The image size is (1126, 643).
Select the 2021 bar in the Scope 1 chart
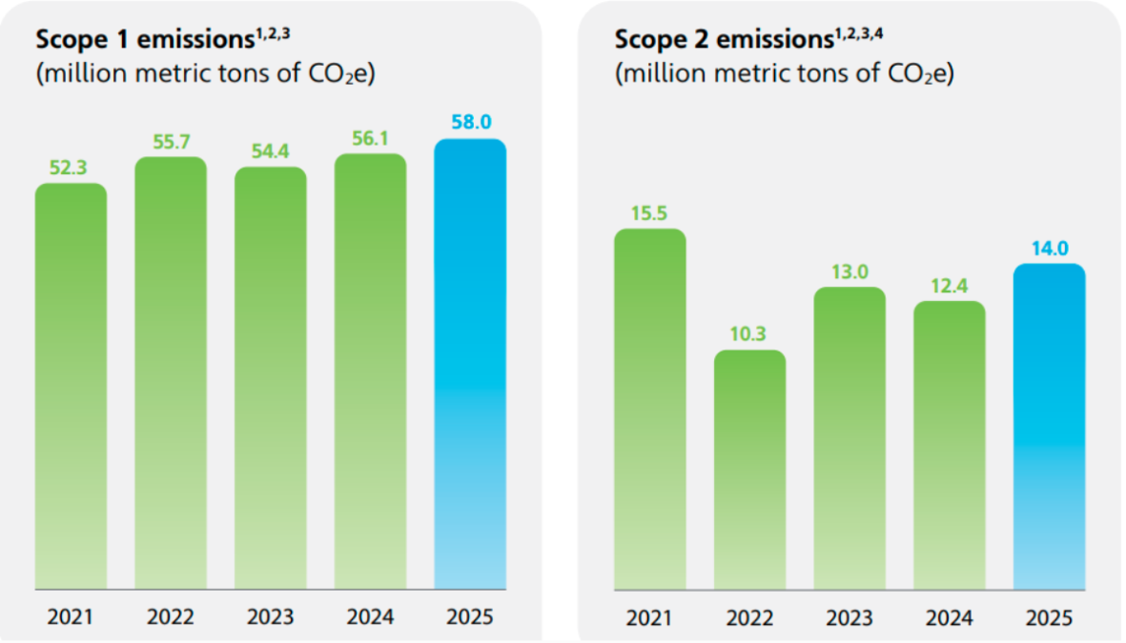tap(71, 386)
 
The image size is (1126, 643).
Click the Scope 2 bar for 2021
tap(649, 409)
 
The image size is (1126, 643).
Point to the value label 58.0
tap(469, 123)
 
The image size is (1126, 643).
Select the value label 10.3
tap(749, 334)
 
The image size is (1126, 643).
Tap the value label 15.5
tap(649, 212)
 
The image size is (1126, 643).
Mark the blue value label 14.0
tap(1049, 248)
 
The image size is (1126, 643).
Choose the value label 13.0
tap(850, 271)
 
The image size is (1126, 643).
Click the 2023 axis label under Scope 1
tap(270, 616)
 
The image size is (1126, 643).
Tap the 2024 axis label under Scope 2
tap(949, 616)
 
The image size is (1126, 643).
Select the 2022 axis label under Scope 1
tap(171, 616)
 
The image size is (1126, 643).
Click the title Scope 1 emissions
tap(144, 40)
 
